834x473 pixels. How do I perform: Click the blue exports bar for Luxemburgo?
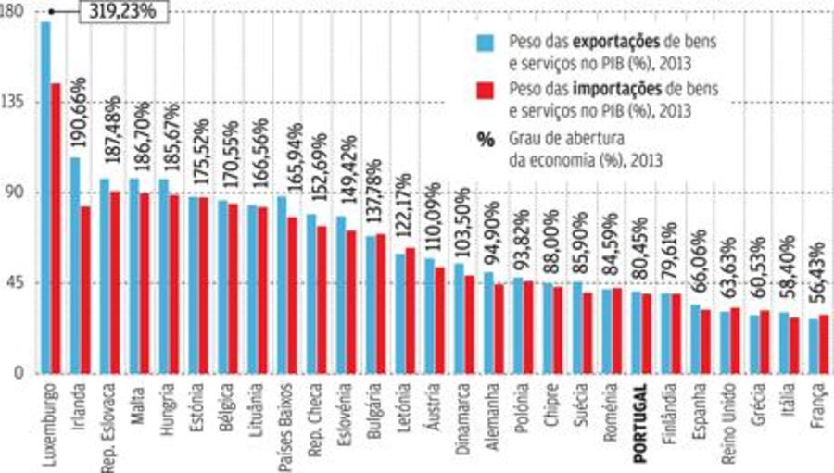[x=45, y=198]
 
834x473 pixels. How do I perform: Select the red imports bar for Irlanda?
[x=85, y=290]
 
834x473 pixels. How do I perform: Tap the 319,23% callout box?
[x=124, y=12]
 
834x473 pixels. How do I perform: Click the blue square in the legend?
[x=485, y=44]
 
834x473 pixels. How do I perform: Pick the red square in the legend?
[x=485, y=91]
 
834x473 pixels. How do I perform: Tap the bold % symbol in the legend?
[x=486, y=140]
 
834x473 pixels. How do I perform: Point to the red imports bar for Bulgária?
[x=381, y=304]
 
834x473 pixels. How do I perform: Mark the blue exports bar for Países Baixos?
[x=282, y=285]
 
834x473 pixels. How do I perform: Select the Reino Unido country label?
[x=730, y=417]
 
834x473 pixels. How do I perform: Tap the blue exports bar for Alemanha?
[x=488, y=323]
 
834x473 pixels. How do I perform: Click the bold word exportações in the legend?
[x=616, y=41]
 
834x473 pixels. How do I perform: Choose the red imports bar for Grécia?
[x=764, y=342]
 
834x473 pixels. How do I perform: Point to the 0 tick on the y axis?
[x=19, y=372]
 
